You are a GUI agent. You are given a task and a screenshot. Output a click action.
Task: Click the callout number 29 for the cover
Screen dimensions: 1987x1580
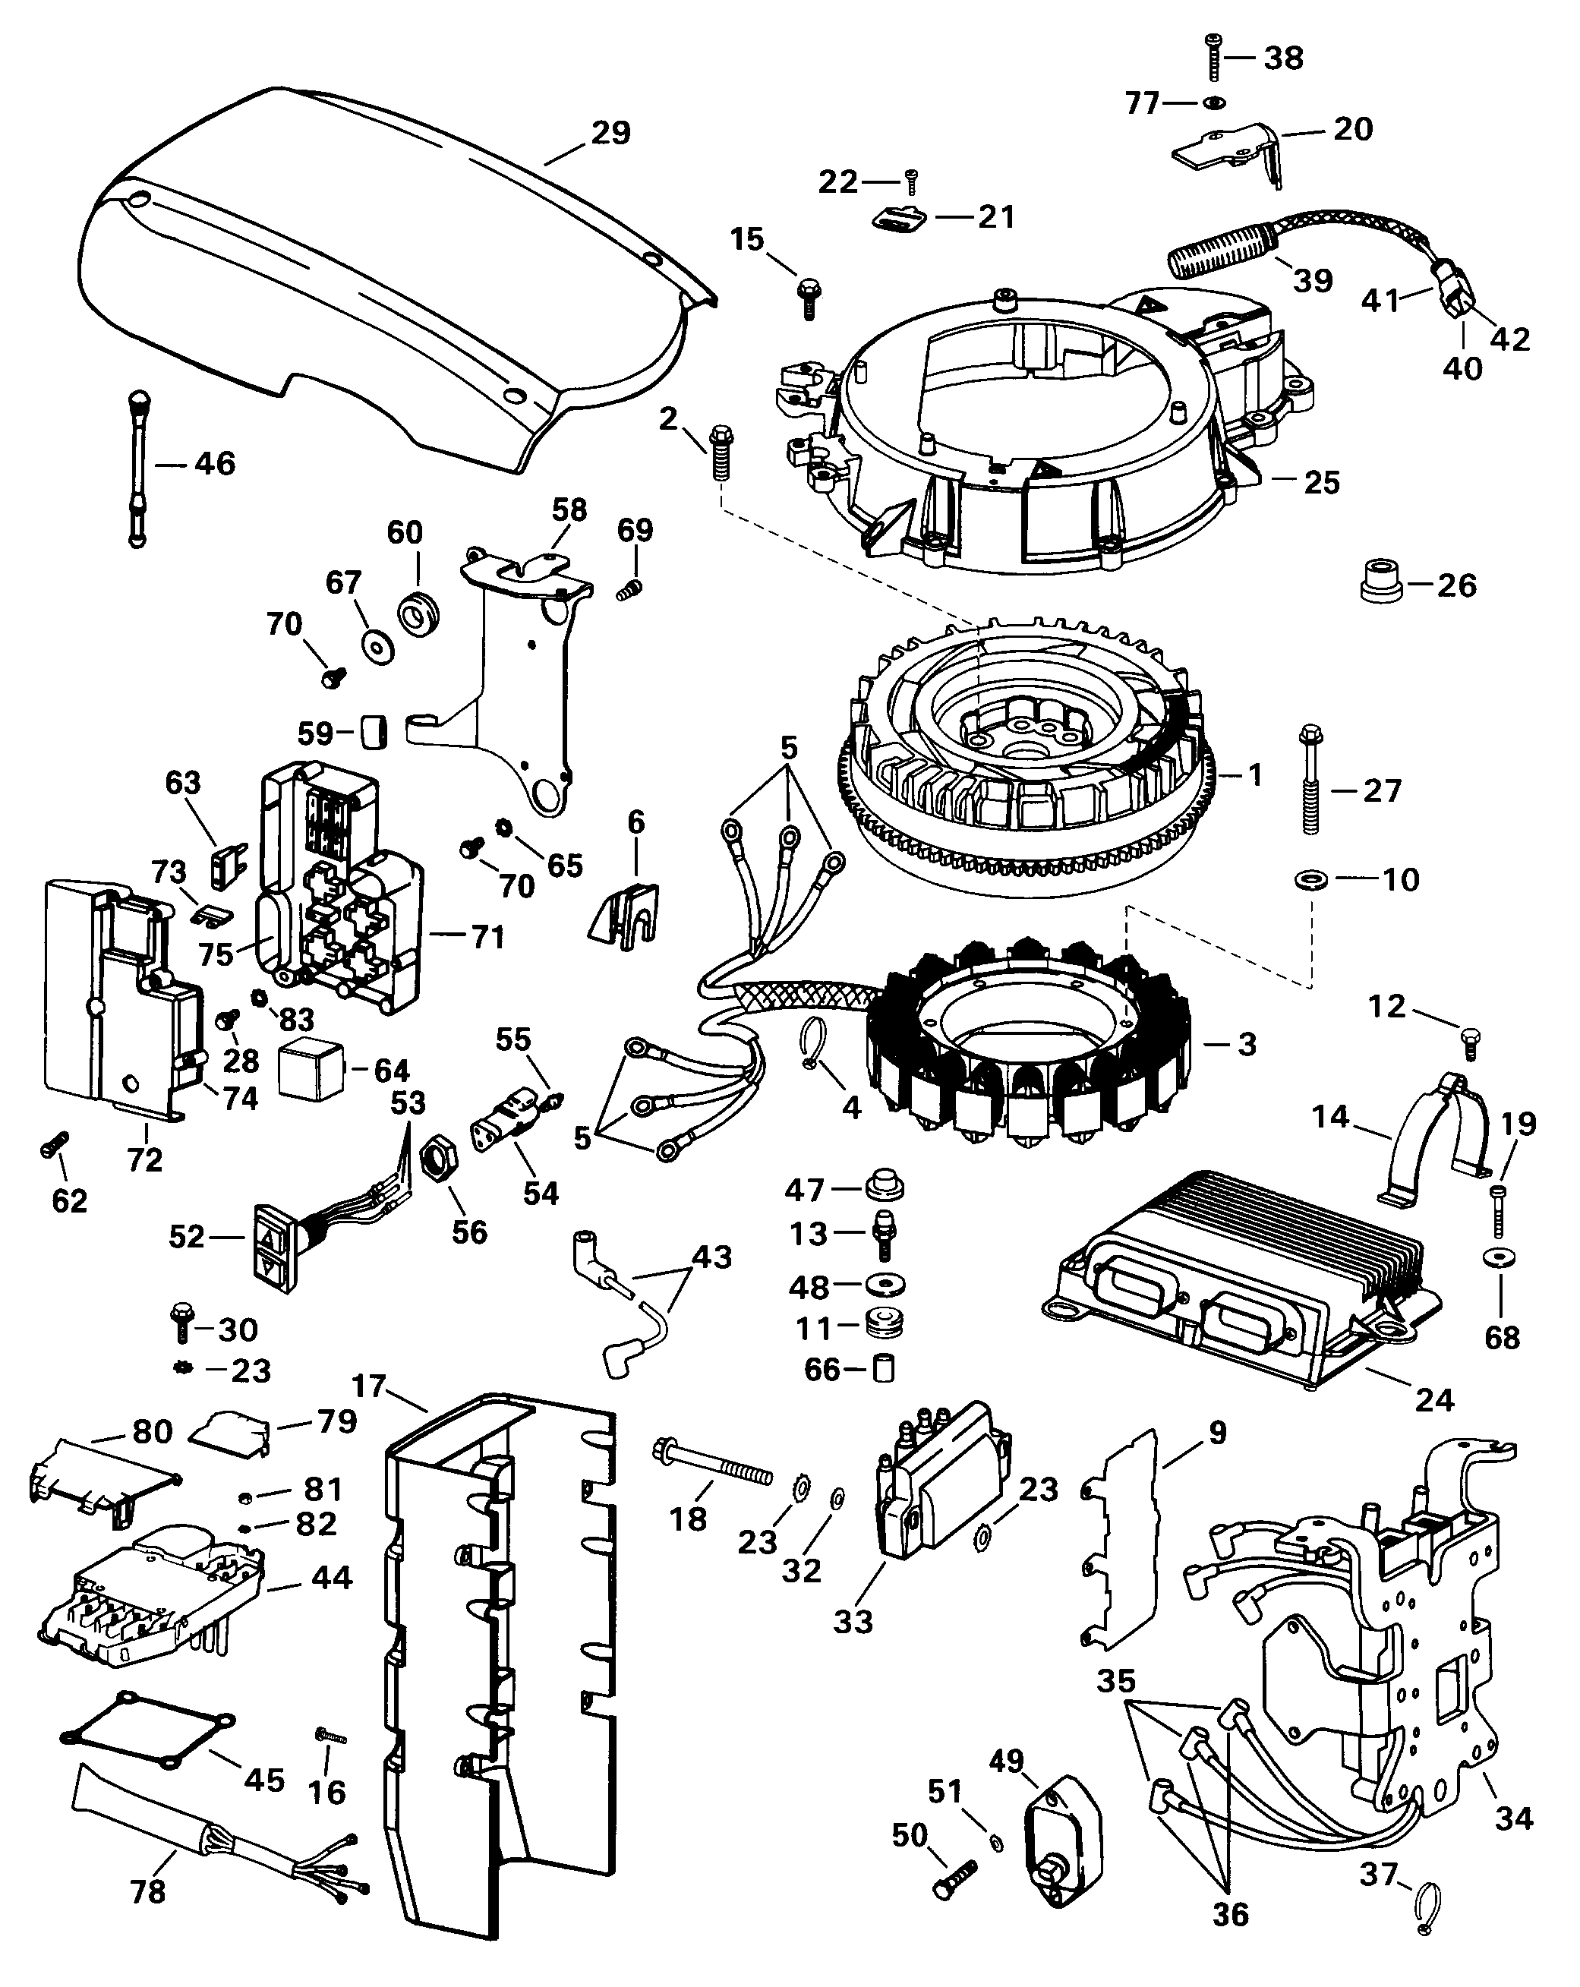point(610,133)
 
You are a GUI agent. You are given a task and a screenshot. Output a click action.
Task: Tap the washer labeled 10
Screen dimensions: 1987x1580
point(1310,880)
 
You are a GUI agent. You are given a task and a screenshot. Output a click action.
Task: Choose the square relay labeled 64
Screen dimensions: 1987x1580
point(311,1071)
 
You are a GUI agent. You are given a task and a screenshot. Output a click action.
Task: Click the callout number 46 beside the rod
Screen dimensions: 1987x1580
point(215,464)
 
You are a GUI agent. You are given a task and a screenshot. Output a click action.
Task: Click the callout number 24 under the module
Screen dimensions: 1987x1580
point(1434,1400)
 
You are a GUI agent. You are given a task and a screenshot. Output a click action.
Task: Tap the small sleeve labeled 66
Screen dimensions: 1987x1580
point(883,1370)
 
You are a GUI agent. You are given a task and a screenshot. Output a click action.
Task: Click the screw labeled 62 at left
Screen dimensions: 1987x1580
point(52,1146)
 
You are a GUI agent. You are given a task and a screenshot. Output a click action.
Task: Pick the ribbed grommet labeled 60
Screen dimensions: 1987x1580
point(419,610)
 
